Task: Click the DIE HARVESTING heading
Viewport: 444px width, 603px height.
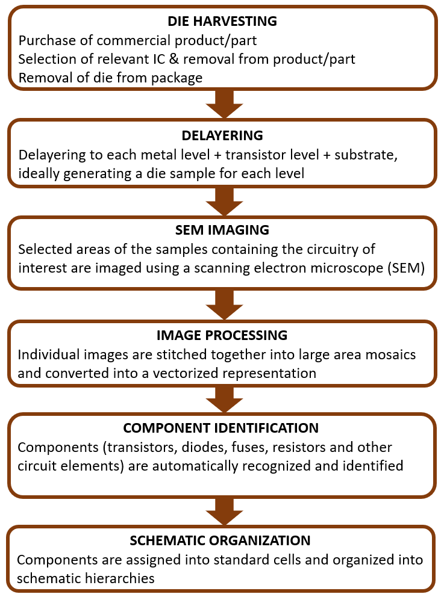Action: pos(222,21)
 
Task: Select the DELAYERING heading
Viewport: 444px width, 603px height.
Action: pos(222,136)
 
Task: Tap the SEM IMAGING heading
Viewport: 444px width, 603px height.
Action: pos(222,230)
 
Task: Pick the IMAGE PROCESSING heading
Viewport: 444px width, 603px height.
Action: pos(222,335)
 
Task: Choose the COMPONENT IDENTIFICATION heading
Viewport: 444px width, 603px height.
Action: pos(220,428)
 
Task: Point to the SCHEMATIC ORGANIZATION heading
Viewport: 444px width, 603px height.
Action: pos(220,540)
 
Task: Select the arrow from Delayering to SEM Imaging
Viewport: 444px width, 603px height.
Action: pos(225,202)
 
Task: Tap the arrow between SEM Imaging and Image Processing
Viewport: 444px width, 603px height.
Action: pos(225,305)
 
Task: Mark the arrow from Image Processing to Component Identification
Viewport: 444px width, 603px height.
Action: pos(225,400)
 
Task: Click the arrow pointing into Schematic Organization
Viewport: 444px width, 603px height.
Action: pos(225,512)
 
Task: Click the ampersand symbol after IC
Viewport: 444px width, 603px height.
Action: pos(174,59)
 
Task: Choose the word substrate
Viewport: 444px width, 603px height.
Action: pos(366,155)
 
